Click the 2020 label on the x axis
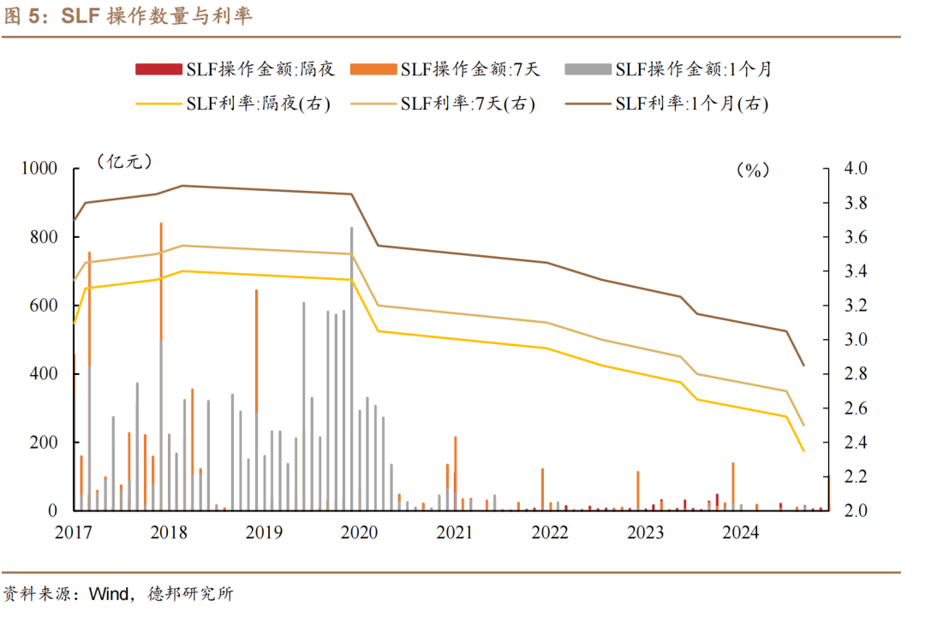click(360, 533)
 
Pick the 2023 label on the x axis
click(645, 533)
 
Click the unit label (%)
click(753, 170)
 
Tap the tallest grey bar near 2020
click(351, 368)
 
